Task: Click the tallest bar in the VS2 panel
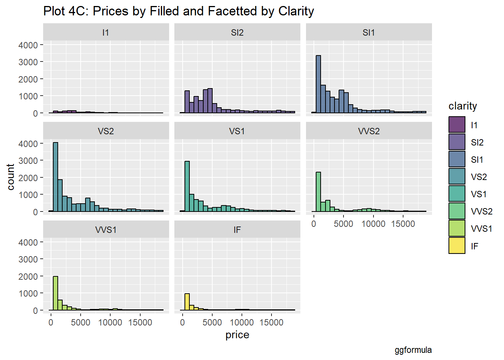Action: pos(55,177)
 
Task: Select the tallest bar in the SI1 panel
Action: pos(318,84)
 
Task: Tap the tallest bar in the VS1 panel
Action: pos(187,186)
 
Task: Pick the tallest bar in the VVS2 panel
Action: pos(318,192)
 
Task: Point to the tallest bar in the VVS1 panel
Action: pos(55,293)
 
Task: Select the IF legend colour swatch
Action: pos(457,246)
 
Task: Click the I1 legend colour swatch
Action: pos(457,125)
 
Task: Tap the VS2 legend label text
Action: pos(479,177)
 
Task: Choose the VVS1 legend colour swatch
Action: pos(457,228)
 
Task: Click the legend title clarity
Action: pos(462,106)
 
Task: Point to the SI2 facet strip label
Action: pos(237,33)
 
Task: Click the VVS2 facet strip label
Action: pos(369,131)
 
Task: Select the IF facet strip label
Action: pos(237,230)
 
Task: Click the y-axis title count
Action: pos(10,177)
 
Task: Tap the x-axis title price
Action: pos(237,335)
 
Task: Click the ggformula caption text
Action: pos(413,350)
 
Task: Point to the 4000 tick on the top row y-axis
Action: pos(28,45)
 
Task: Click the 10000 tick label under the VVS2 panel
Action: pos(373,224)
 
